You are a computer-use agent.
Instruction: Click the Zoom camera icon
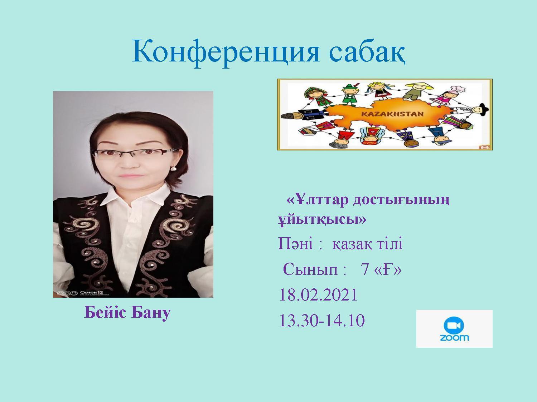tap(454, 326)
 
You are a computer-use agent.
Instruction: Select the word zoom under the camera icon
tap(454, 338)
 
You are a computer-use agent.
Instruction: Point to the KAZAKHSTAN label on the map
tap(392, 114)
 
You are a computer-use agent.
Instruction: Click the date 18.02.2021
tap(318, 295)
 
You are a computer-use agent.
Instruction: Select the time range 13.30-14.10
tap(322, 321)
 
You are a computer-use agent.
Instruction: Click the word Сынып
tap(310, 270)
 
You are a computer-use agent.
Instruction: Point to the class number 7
tap(364, 270)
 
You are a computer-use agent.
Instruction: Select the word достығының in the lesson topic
tap(401, 200)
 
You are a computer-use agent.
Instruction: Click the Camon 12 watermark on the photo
tap(92, 293)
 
